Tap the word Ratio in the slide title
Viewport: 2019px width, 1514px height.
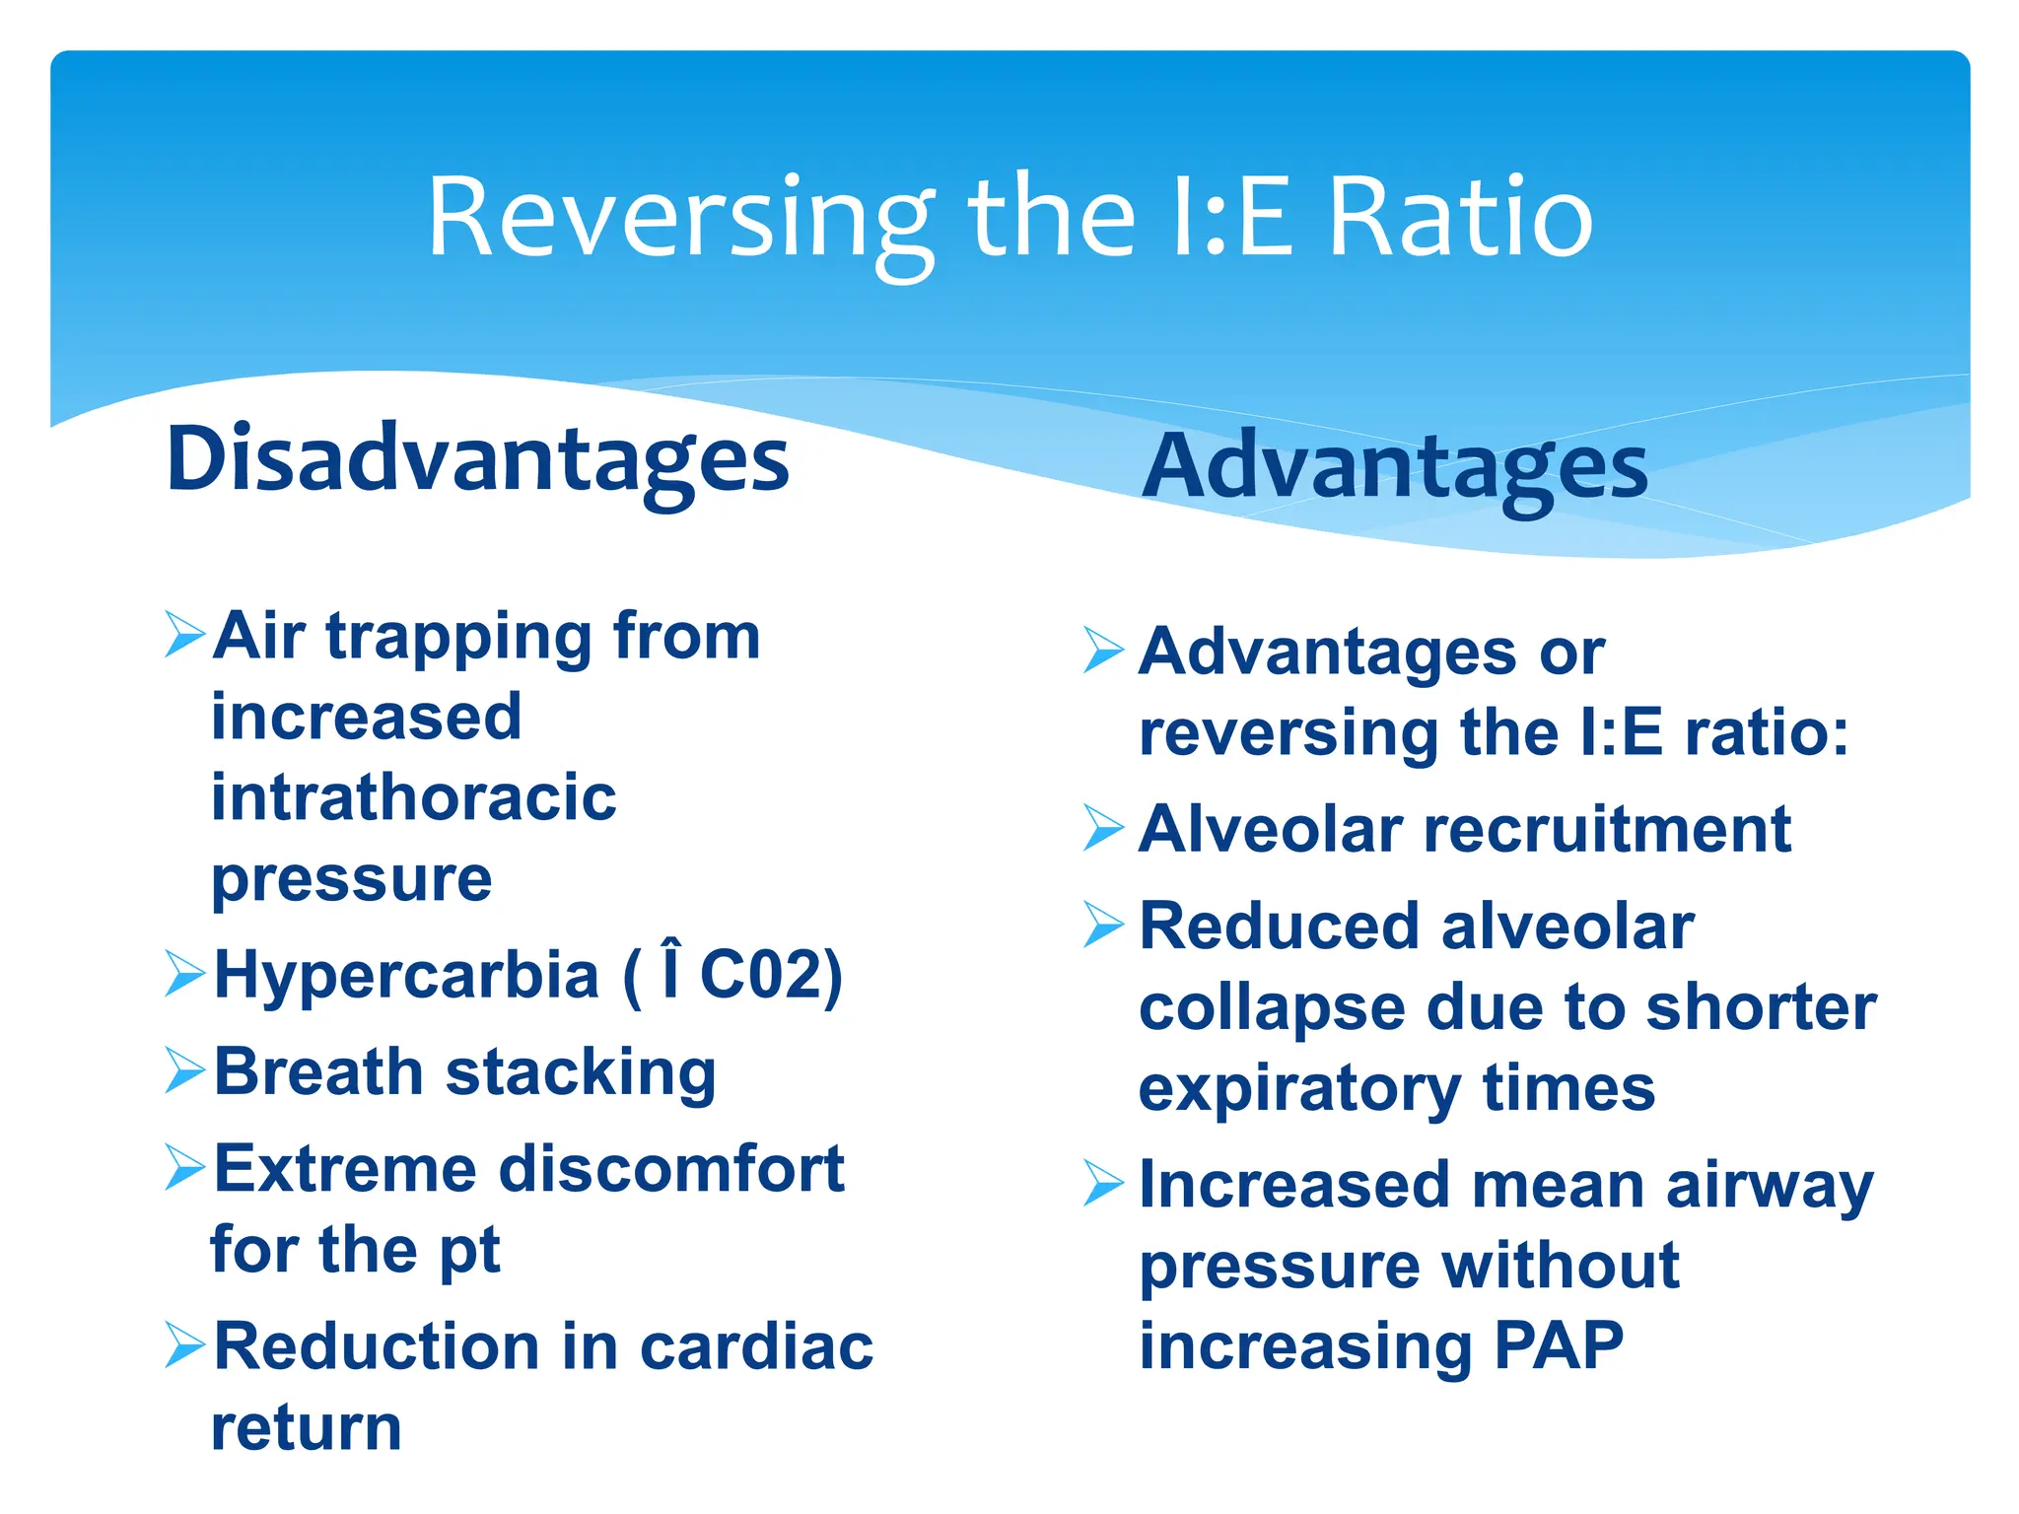[x=1461, y=219]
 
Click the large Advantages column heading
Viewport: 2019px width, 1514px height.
[x=1394, y=467]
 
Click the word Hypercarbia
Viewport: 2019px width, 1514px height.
[x=406, y=976]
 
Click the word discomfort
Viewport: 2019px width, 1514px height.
[x=672, y=1169]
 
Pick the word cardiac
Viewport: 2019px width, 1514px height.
[x=756, y=1346]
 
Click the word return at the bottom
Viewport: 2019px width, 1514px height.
[x=307, y=1427]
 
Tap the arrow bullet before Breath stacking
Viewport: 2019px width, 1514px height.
[x=185, y=1070]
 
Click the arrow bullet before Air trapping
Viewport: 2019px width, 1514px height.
[x=185, y=634]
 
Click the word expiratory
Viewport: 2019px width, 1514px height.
[x=1299, y=1089]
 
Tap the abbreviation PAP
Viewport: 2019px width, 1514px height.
[x=1559, y=1346]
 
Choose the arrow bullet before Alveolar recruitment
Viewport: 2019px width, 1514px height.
[x=1103, y=828]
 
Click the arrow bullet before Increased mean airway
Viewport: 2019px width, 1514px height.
[x=1103, y=1183]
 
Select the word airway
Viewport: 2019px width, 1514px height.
[x=1770, y=1187]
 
